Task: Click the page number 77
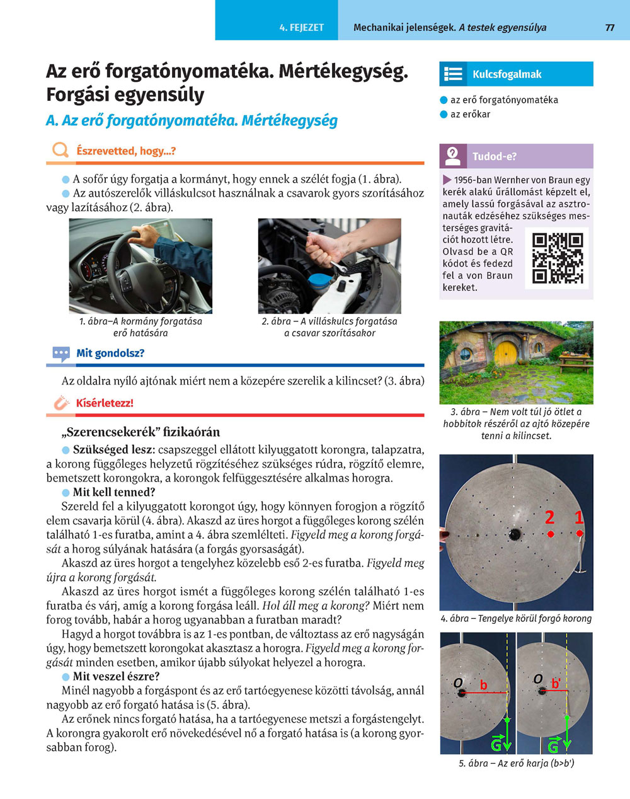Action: pos(609,28)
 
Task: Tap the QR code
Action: pos(558,258)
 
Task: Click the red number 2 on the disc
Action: pos(550,518)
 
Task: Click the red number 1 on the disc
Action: pos(579,518)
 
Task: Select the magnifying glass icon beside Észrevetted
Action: pos(60,151)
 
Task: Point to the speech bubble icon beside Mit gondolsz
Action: pos(61,354)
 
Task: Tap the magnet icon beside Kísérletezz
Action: pos(60,403)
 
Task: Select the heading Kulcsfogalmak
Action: pos(507,74)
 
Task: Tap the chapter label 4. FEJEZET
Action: pos(302,28)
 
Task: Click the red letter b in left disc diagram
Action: pos(484,685)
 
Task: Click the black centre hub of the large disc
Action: pos(515,534)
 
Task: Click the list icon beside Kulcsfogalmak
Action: pos(454,74)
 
